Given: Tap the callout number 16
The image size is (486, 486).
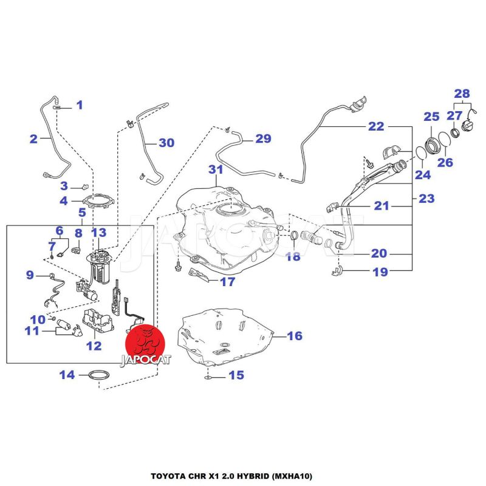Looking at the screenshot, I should click(294, 336).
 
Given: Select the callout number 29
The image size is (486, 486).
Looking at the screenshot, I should click(262, 139).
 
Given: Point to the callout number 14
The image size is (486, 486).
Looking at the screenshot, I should click(67, 375).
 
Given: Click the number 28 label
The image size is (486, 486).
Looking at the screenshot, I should click(462, 94).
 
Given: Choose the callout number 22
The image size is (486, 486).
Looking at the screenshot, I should click(376, 126).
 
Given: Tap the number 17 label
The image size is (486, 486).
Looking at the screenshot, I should click(227, 282).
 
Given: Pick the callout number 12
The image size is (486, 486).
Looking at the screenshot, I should click(94, 346).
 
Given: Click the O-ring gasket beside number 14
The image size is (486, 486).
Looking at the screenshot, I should click(99, 376).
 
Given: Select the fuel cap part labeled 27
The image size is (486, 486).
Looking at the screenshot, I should click(468, 126).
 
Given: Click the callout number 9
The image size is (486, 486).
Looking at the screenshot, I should click(29, 275).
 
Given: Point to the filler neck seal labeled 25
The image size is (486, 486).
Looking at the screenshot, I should click(432, 144).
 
